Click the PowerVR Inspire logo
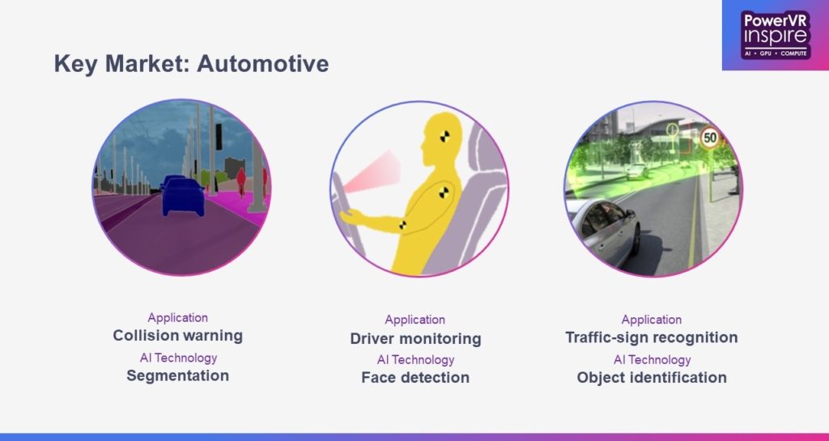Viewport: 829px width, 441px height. (x=776, y=35)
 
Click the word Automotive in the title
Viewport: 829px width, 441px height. (x=263, y=64)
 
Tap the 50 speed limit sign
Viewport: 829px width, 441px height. (x=710, y=138)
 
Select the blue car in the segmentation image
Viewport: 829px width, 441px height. (x=183, y=197)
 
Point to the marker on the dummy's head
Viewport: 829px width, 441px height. (x=444, y=136)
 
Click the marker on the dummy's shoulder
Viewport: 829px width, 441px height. (x=444, y=193)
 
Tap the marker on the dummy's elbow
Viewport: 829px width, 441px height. (x=403, y=225)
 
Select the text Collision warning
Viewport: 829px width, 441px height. (x=177, y=335)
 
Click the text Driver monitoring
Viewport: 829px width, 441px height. (x=415, y=338)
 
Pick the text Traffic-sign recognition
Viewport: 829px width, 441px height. (x=652, y=337)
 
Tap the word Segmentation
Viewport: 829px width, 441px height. (x=177, y=376)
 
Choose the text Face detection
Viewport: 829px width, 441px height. (x=415, y=378)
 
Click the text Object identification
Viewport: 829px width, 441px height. (x=652, y=378)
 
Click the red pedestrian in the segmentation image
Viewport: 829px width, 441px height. (x=241, y=180)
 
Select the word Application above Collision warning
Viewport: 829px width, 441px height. (x=177, y=317)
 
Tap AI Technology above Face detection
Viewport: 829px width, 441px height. (x=415, y=359)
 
